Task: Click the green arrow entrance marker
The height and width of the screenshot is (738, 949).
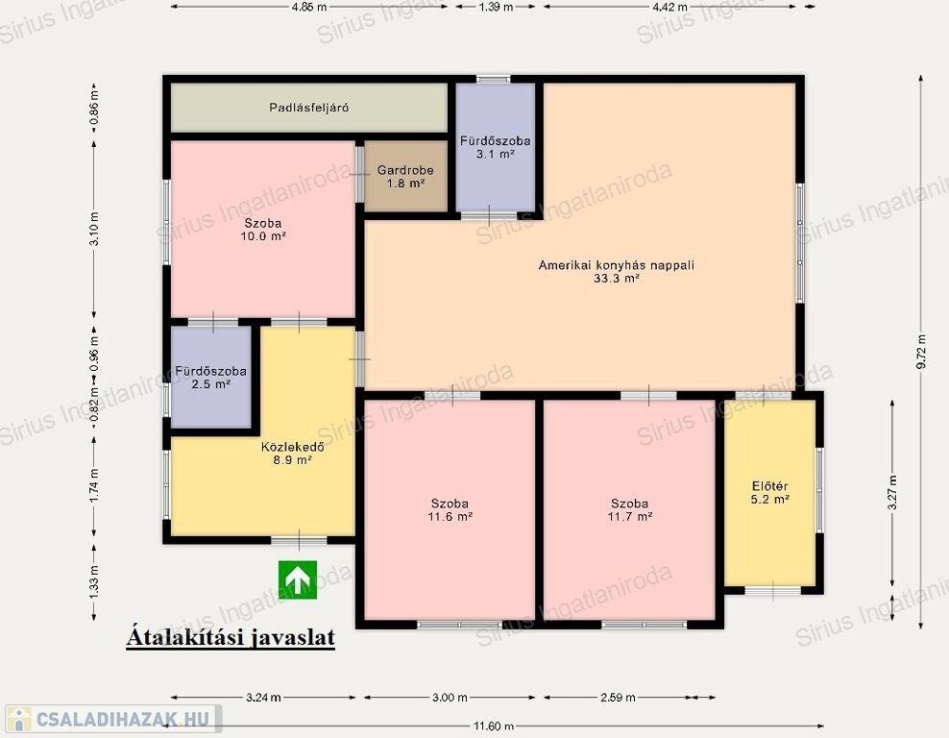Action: (x=298, y=579)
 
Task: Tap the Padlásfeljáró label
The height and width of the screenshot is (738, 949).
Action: (x=308, y=108)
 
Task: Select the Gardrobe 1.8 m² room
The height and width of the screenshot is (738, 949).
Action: (x=405, y=176)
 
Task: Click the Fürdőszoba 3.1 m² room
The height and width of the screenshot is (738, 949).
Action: (x=495, y=147)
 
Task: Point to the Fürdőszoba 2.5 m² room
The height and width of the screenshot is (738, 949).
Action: (x=210, y=378)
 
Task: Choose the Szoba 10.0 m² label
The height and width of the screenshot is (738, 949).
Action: (x=263, y=230)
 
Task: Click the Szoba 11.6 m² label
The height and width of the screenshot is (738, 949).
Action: (x=450, y=509)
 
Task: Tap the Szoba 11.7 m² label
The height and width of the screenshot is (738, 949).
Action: (x=629, y=509)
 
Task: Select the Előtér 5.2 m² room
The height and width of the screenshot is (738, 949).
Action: (x=769, y=493)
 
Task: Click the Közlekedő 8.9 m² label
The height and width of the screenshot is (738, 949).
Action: (x=292, y=454)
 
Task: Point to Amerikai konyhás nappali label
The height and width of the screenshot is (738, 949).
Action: (x=616, y=265)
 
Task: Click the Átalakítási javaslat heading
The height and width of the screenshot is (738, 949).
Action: (x=231, y=637)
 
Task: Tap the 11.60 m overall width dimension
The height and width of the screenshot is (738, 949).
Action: (x=494, y=726)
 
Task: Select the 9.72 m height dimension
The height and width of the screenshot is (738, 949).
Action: (x=921, y=351)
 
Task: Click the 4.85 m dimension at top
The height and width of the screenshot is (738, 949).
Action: (x=308, y=7)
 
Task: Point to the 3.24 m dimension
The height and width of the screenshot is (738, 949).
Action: (x=263, y=697)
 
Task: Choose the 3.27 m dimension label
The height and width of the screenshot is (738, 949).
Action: (x=892, y=492)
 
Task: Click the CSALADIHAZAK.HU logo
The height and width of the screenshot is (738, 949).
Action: (x=112, y=719)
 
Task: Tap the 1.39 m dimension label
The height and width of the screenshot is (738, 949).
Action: (x=496, y=7)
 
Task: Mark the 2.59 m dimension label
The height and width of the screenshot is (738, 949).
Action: (x=618, y=697)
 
